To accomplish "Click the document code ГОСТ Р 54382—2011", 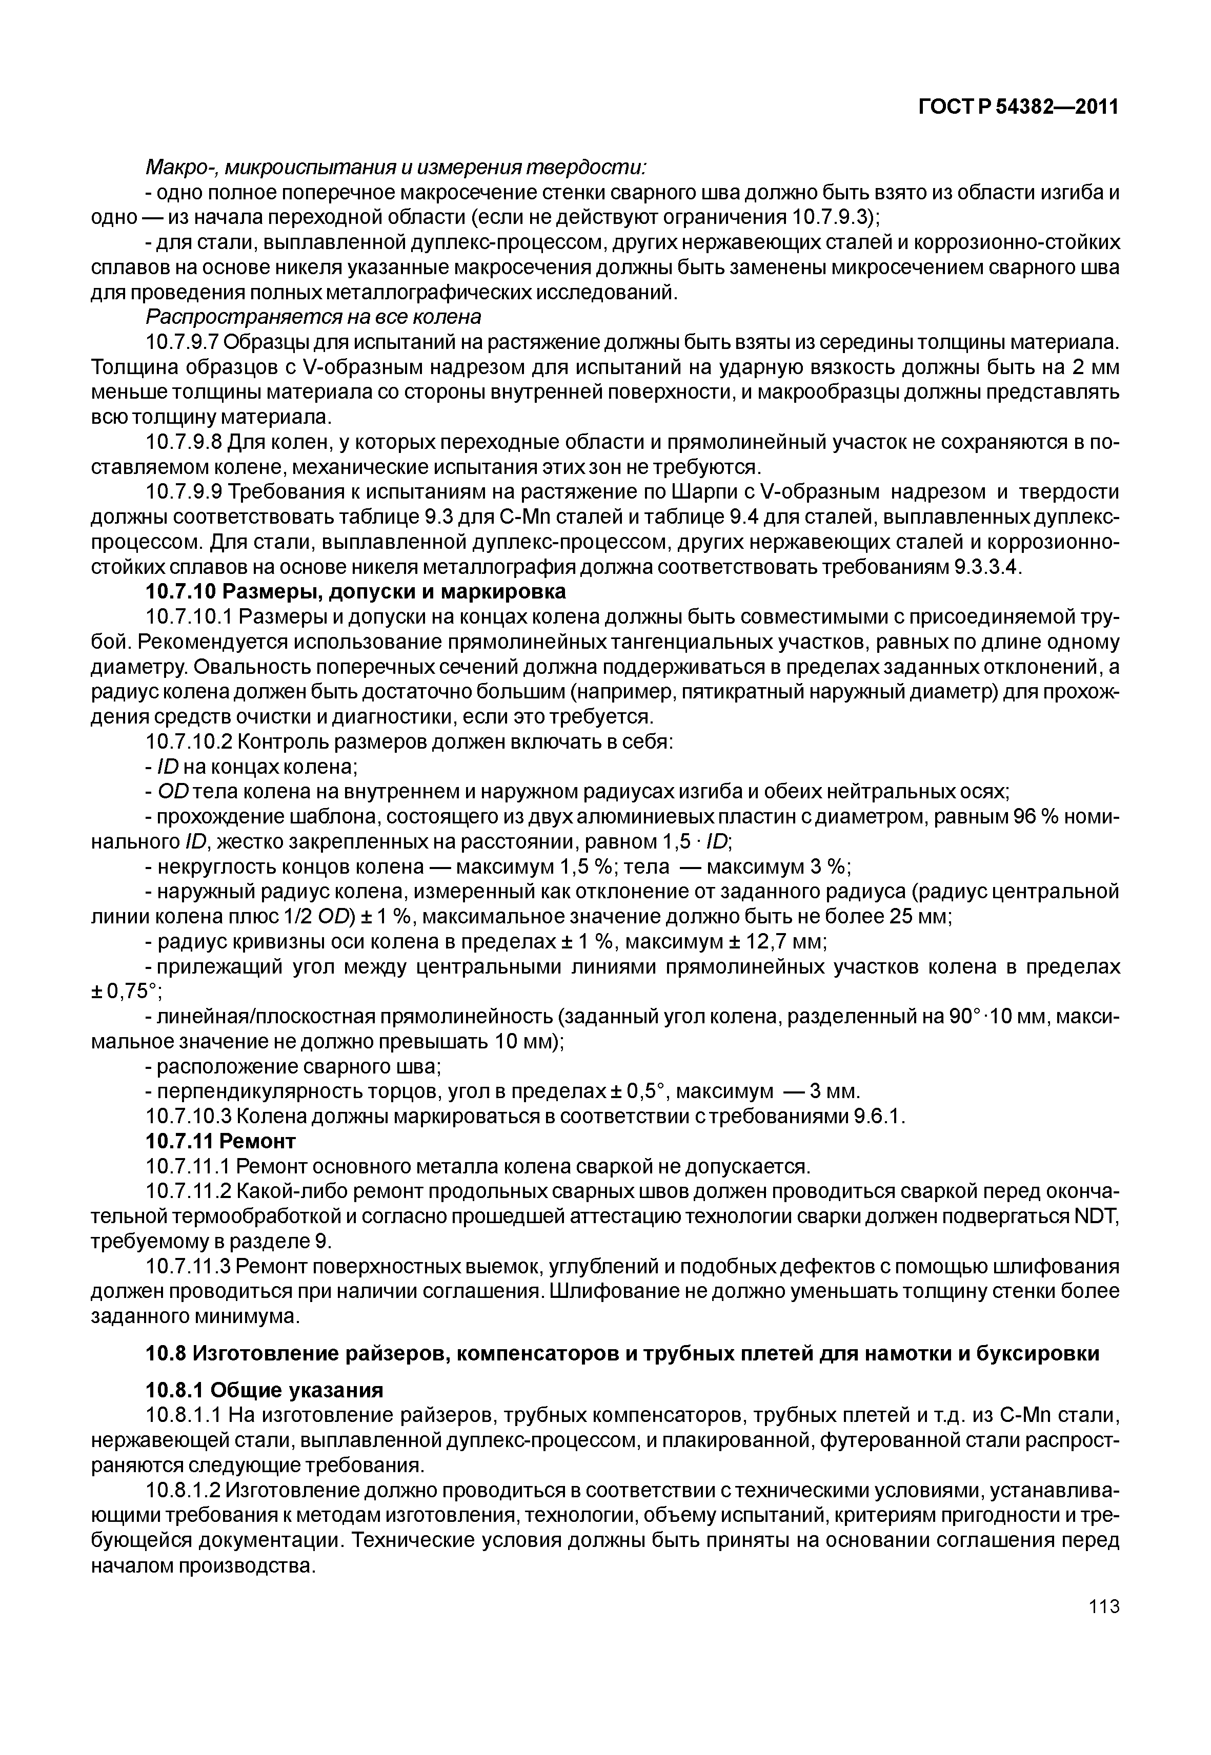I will click(x=1018, y=108).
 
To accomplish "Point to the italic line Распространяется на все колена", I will click(x=313, y=316).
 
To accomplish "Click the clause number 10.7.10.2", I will click(x=184, y=742).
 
